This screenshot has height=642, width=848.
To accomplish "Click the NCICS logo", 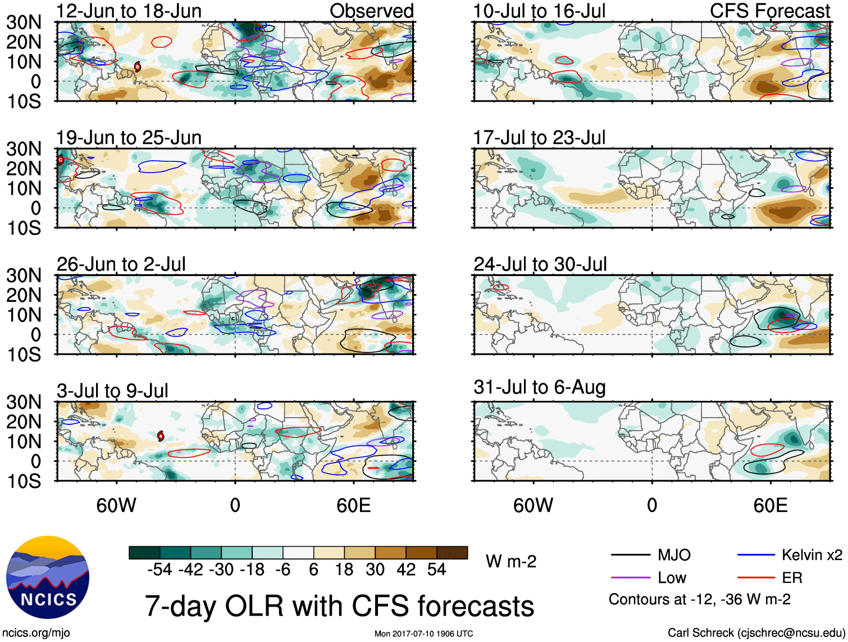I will click(x=48, y=577).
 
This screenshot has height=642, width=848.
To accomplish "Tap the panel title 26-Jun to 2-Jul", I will click(x=121, y=264).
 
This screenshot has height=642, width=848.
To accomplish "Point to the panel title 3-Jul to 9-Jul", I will click(x=112, y=391).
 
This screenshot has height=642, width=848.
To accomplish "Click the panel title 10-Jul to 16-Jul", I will click(x=539, y=11).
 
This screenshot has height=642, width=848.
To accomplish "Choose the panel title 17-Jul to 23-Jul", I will click(x=539, y=138).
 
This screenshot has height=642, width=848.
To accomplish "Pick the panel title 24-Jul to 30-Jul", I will click(x=540, y=264).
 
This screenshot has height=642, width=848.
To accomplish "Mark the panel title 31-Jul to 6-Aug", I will click(x=540, y=387).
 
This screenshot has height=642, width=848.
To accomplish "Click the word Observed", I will click(x=372, y=11).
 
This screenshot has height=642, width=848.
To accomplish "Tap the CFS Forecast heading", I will click(x=770, y=11).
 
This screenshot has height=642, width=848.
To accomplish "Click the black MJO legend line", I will click(x=630, y=555).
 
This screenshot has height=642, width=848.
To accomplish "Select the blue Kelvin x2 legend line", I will click(x=756, y=555).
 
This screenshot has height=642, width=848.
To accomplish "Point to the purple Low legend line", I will click(x=630, y=578).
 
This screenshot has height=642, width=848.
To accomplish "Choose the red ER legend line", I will click(x=756, y=578).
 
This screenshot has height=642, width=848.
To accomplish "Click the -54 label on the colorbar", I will click(x=159, y=570).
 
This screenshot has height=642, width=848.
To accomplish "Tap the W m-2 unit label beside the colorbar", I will click(x=511, y=562).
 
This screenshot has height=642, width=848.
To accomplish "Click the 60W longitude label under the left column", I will click(x=116, y=505).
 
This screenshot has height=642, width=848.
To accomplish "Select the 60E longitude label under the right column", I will click(x=771, y=505).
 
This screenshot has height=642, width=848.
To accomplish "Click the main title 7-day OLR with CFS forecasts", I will click(x=339, y=606).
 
